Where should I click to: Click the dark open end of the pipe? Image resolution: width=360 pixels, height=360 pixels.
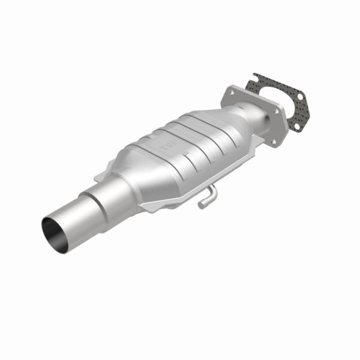(55, 230)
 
